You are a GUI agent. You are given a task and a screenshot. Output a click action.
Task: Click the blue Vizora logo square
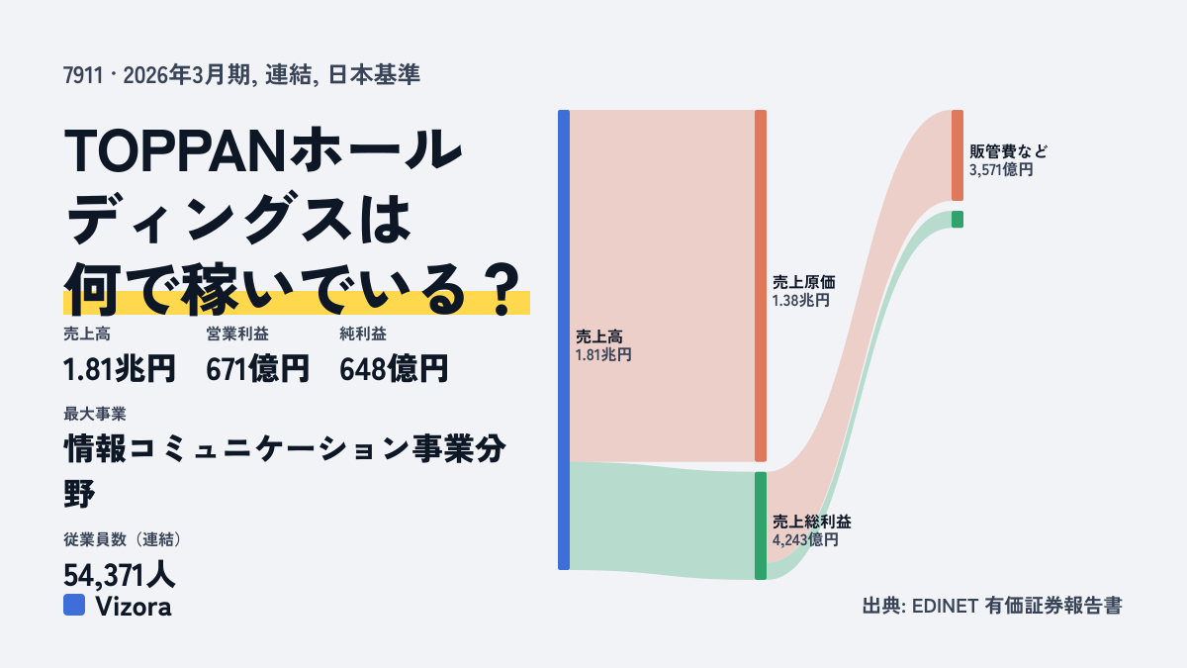click(x=74, y=605)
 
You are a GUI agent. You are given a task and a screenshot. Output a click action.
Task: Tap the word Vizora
click(x=134, y=607)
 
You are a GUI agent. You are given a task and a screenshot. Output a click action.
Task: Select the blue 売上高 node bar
click(x=564, y=339)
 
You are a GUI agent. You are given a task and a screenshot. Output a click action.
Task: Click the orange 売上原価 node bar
click(x=761, y=286)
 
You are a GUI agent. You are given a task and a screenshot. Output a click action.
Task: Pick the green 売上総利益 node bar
click(x=761, y=525)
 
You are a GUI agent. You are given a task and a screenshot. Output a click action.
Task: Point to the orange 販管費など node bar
click(x=958, y=155)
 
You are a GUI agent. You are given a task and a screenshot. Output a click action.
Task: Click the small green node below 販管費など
click(x=958, y=220)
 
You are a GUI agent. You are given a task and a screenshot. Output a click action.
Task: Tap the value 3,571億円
click(x=1001, y=169)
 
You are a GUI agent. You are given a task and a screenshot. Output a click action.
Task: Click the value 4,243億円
click(x=805, y=539)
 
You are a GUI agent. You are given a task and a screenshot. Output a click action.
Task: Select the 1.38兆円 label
click(x=800, y=301)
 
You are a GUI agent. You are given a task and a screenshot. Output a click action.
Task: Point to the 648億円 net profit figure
click(x=394, y=369)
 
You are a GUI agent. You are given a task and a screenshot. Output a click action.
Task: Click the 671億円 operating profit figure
click(x=257, y=369)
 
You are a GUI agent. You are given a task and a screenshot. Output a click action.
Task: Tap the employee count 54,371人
click(x=120, y=575)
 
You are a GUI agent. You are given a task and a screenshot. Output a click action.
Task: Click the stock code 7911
click(x=83, y=75)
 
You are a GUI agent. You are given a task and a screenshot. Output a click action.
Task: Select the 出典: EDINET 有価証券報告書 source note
click(x=992, y=606)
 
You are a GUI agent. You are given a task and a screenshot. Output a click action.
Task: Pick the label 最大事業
click(x=95, y=414)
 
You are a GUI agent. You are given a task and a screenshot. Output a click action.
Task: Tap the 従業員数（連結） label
click(x=124, y=539)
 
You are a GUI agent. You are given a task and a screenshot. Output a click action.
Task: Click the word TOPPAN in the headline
click(x=175, y=150)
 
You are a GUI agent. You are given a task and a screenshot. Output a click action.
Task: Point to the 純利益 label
click(x=363, y=334)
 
